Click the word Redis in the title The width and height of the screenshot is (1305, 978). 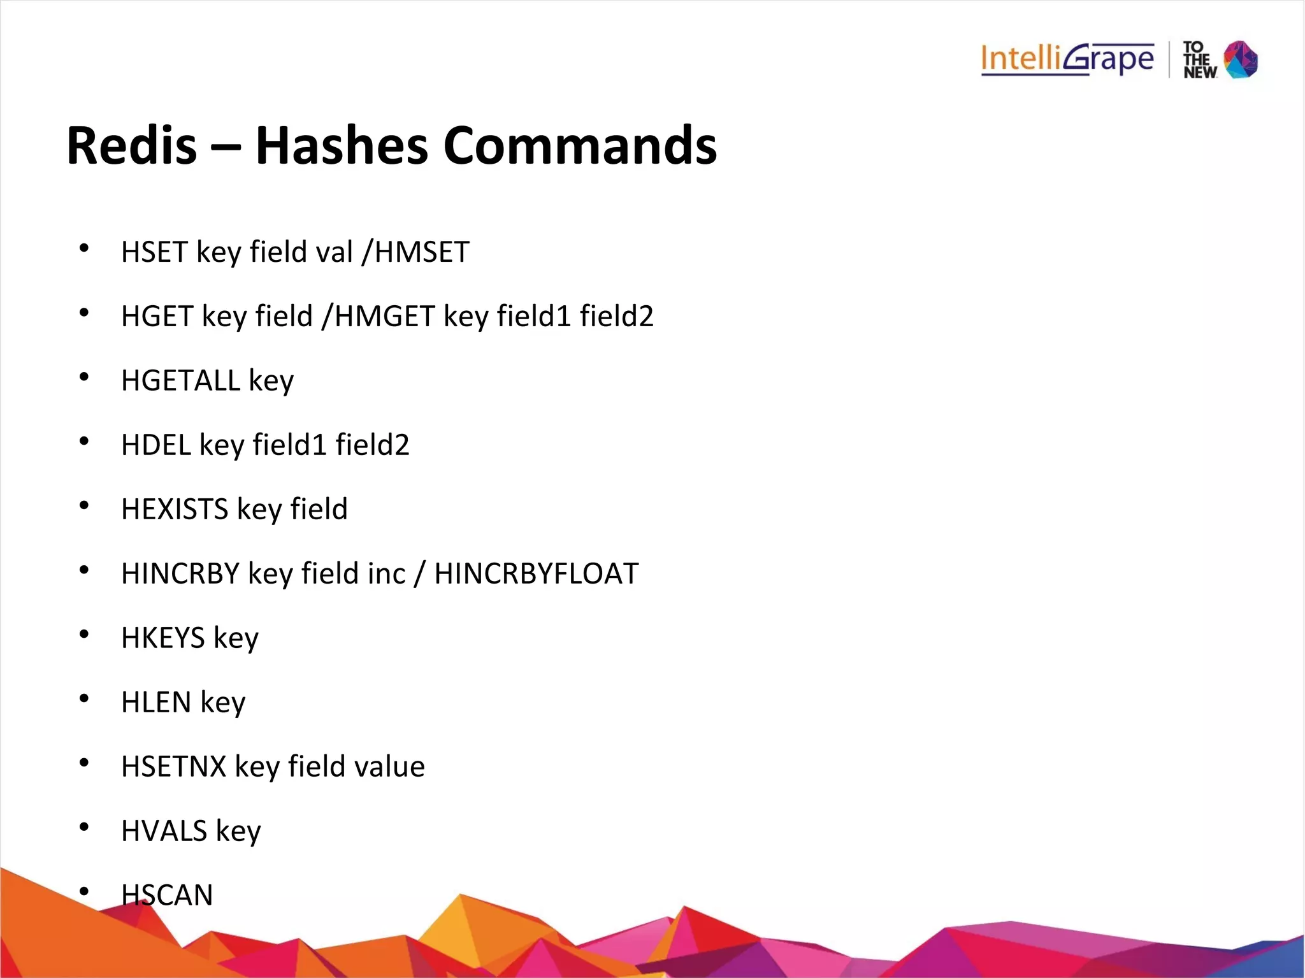pyautogui.click(x=132, y=146)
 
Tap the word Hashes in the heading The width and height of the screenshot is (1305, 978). pyautogui.click(x=342, y=146)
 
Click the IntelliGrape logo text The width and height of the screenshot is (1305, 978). pyautogui.click(x=1067, y=60)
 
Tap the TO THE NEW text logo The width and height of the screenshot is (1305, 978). pyautogui.click(x=1199, y=60)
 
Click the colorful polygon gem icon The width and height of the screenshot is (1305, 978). pyautogui.click(x=1241, y=60)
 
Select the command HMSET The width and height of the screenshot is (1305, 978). pyautogui.click(x=422, y=252)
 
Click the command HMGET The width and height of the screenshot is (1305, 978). pyautogui.click(x=384, y=316)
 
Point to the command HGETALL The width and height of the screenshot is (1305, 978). pyautogui.click(x=180, y=380)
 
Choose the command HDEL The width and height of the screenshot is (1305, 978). pyautogui.click(x=156, y=445)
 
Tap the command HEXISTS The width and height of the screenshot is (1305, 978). pyautogui.click(x=175, y=509)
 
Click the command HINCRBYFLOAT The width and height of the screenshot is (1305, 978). pyautogui.click(x=536, y=573)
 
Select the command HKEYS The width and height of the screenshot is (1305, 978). pyautogui.click(x=163, y=638)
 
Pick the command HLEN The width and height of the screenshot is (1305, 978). pyautogui.click(x=156, y=702)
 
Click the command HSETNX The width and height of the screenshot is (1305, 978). pyautogui.click(x=173, y=766)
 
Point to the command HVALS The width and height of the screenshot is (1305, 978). pyautogui.click(x=164, y=831)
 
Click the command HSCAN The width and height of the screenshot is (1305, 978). pyautogui.click(x=167, y=895)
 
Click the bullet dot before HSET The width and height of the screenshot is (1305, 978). pyautogui.click(x=84, y=248)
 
